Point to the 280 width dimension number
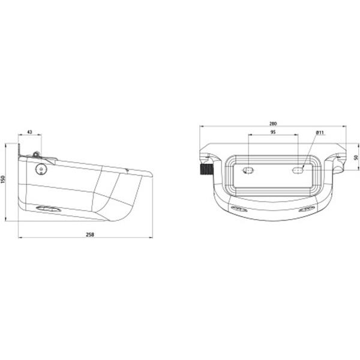[x=273, y=124]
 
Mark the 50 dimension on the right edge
[x=355, y=157]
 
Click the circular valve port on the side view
[x=41, y=169]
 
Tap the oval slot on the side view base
[x=48, y=209]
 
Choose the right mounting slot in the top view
[x=298, y=171]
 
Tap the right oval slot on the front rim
[x=307, y=209]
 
